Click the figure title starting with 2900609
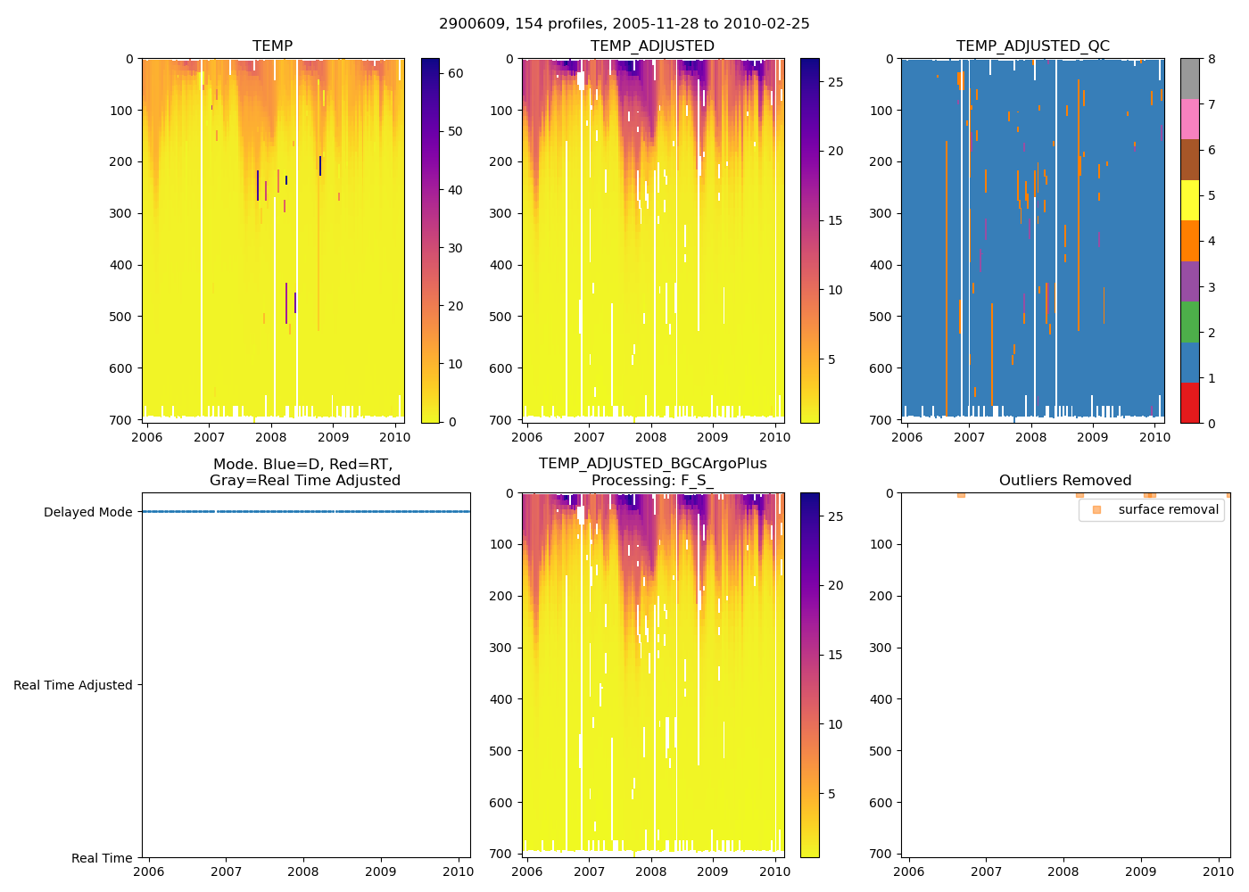(x=624, y=24)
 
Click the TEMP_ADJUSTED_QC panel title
(x=1032, y=46)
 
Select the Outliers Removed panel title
(x=1065, y=481)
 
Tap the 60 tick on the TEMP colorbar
(x=455, y=73)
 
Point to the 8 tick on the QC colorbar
(x=1212, y=59)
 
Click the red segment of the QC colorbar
(x=1189, y=403)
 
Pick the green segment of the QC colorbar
(x=1189, y=322)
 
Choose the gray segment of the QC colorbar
(x=1189, y=78)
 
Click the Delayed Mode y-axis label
(x=87, y=512)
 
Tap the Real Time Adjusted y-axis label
(x=73, y=685)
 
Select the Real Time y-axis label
(x=102, y=858)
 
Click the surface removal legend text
(x=1168, y=510)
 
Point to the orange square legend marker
(x=1096, y=510)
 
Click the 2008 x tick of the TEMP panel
(x=271, y=437)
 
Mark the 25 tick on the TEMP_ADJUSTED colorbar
(x=835, y=82)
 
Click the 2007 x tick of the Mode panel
(x=226, y=871)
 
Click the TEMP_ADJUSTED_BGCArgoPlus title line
(x=652, y=464)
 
